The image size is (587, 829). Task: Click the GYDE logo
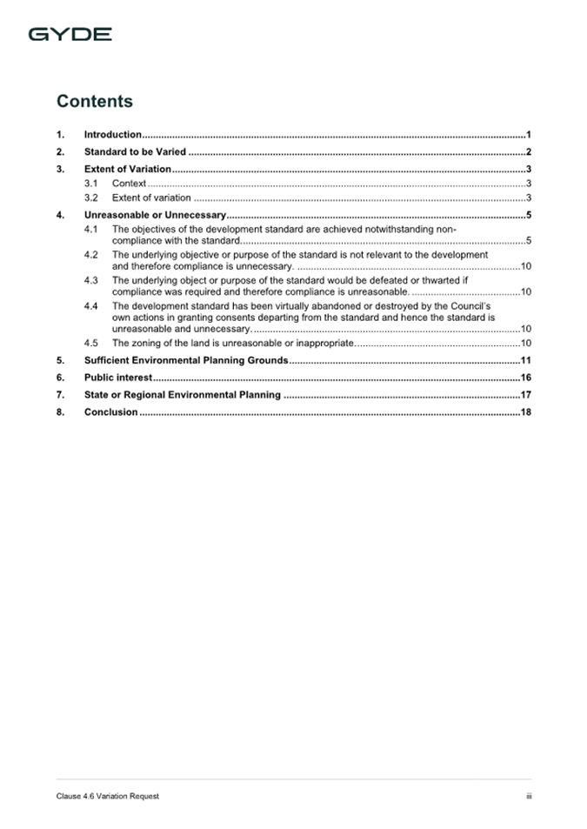coord(70,35)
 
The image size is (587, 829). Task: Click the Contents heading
coord(95,101)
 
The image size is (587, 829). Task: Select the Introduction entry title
coord(113,135)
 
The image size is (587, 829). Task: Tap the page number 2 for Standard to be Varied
coord(528,151)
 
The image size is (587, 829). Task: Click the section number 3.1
coord(91,184)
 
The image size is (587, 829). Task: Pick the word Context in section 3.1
coord(129,184)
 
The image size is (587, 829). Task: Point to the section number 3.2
coord(91,198)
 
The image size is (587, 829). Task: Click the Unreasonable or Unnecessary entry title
coord(155,215)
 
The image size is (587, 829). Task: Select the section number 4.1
coord(91,230)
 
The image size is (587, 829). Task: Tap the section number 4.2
coord(91,255)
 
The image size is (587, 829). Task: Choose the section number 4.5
coord(91,344)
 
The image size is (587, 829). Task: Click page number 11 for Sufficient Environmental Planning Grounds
coord(525,360)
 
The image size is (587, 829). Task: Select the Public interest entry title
coord(118,378)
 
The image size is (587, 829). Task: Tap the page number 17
coord(525,395)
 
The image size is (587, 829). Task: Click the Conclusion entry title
coord(110,412)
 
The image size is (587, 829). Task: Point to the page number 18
coord(525,412)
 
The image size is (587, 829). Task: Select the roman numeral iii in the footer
coord(528,796)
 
